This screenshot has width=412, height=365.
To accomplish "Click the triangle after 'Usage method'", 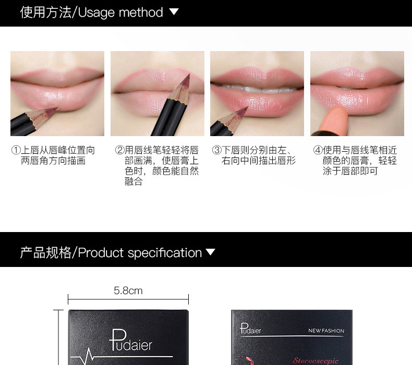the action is click(x=174, y=11).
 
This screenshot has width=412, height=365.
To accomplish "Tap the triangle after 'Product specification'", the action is click(x=210, y=252).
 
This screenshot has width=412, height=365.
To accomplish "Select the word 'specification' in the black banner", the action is click(x=165, y=253).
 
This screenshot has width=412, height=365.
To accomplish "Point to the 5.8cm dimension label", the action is click(x=128, y=290).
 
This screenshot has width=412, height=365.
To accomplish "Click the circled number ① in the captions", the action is click(x=16, y=150).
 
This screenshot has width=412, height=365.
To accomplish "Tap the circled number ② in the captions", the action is click(x=119, y=150).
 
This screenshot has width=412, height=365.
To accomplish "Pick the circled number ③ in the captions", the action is click(x=217, y=150).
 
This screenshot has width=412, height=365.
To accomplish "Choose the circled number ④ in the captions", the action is click(x=318, y=150).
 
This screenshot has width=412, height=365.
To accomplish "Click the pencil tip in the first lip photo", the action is click(x=56, y=108).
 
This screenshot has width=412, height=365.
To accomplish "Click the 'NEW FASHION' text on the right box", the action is click(x=326, y=331).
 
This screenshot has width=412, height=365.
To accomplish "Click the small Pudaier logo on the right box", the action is click(x=250, y=328).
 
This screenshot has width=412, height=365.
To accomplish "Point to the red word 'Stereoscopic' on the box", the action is click(x=316, y=361).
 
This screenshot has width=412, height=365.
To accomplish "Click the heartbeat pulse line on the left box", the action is click(x=89, y=357).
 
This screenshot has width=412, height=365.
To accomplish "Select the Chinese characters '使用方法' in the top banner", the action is click(x=46, y=13).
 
